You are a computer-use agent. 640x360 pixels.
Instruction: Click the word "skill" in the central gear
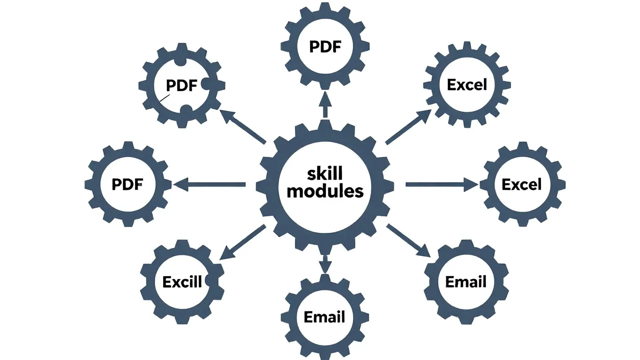[325, 173]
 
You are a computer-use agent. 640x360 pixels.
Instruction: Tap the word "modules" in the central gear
[325, 191]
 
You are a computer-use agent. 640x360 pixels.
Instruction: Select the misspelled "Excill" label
[182, 282]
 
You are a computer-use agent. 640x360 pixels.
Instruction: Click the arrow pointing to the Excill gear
[242, 242]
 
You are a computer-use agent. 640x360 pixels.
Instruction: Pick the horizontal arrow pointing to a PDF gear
[209, 184]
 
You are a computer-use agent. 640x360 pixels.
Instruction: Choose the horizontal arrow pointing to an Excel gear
[442, 184]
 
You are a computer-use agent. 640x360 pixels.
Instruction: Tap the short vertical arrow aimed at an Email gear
[325, 264]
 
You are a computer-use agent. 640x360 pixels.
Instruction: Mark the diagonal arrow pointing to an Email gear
[409, 241]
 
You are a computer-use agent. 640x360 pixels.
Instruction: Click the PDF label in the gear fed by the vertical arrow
[325, 47]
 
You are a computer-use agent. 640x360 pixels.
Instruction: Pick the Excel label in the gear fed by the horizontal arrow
[522, 184]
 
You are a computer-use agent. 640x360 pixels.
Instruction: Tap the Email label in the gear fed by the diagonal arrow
[466, 282]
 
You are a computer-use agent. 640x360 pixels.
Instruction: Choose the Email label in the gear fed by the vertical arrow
[324, 317]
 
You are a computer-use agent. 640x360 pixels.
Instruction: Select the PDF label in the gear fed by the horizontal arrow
[127, 184]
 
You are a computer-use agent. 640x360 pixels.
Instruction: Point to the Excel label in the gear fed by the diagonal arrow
[467, 85]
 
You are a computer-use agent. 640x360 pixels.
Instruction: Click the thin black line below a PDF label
[165, 98]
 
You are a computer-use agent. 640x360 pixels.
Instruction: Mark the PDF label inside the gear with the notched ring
[182, 86]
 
